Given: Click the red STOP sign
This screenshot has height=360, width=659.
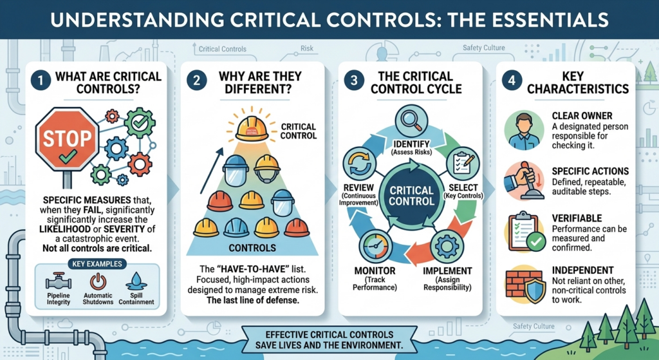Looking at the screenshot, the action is [x=67, y=139].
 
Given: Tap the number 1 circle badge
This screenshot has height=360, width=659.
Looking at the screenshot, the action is [x=41, y=81].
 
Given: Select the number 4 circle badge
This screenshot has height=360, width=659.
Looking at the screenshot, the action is [x=512, y=81].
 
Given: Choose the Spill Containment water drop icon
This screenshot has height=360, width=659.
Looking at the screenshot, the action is [x=136, y=281].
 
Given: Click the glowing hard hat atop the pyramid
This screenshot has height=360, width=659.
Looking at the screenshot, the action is [x=252, y=128].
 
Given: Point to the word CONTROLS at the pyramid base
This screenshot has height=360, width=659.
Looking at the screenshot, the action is [x=252, y=248].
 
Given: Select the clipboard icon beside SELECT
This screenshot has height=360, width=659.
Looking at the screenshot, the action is [x=462, y=163].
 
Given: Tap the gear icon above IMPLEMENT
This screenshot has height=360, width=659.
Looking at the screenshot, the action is [x=447, y=247].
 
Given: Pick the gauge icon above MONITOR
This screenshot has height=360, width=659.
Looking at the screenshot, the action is [x=376, y=247].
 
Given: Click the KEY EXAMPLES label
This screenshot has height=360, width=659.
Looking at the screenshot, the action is [x=97, y=264].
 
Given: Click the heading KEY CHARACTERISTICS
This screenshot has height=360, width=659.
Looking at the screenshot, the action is [x=577, y=82].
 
